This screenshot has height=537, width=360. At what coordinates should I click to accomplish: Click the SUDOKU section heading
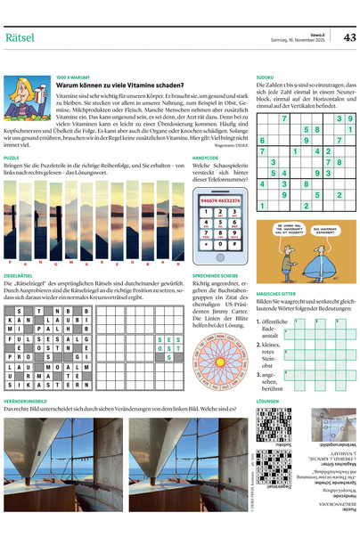pos(266,77)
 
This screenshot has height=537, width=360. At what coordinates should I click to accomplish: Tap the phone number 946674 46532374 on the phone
pos(220,201)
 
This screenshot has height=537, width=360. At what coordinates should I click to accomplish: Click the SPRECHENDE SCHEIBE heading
pos(217,277)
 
